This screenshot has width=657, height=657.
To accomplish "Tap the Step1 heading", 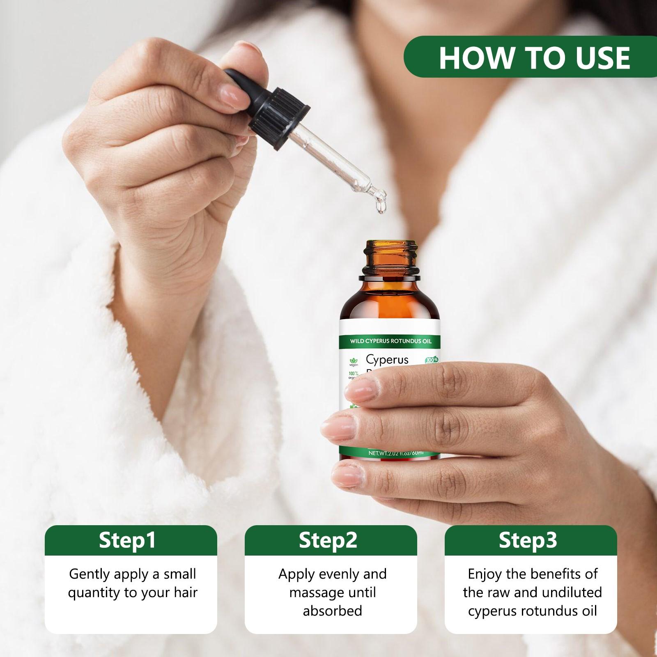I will coord(128,540).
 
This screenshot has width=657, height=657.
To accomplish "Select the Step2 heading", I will coord(328,540).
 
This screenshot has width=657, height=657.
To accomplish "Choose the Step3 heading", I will coord(528,540).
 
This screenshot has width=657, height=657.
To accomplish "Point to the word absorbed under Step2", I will coord(332,611).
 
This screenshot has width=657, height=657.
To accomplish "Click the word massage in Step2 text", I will coord(317,593).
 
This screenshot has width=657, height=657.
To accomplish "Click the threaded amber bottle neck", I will coord(390,257).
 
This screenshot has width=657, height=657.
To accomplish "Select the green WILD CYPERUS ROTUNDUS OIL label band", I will coord(390,341).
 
